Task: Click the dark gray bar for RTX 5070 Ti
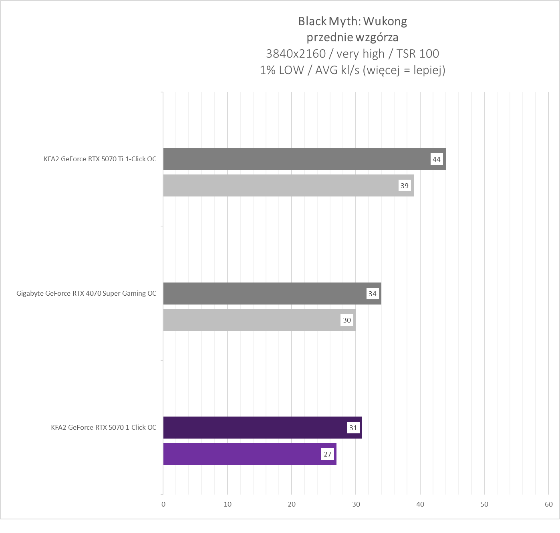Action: (296, 159)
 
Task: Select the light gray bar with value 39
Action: (280, 185)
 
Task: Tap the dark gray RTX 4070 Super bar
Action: (264, 293)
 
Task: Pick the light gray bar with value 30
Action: (252, 320)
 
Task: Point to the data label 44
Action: (436, 159)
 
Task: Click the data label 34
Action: (372, 294)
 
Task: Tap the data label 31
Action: (353, 428)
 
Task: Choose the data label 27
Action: (327, 454)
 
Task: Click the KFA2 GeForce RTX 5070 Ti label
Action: (100, 159)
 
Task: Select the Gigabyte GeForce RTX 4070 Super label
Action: (86, 293)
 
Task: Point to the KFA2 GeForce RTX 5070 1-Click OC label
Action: (103, 427)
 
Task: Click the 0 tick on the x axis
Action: (163, 504)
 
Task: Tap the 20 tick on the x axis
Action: (292, 504)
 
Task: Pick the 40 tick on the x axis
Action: (420, 504)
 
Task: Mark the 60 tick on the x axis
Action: (548, 504)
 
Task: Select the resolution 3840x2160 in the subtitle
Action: (296, 54)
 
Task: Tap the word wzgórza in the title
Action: (376, 38)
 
